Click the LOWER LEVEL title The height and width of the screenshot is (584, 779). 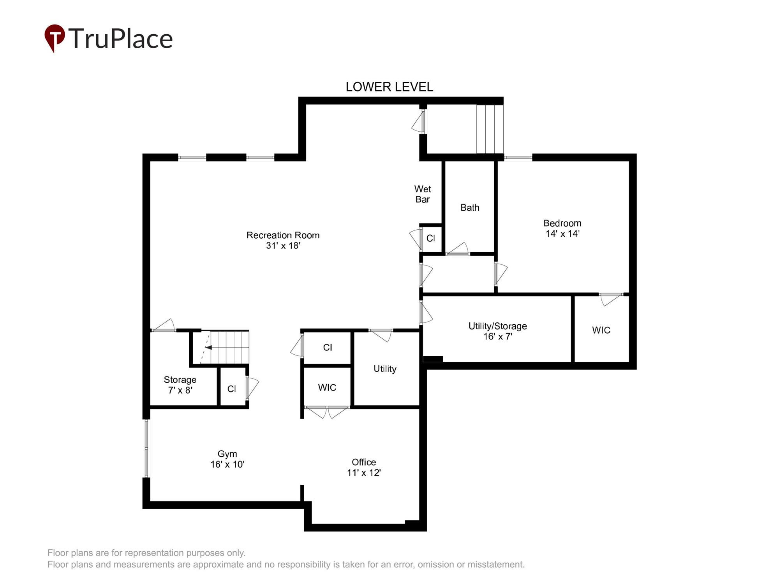click(389, 87)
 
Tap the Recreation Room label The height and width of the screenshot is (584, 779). click(283, 235)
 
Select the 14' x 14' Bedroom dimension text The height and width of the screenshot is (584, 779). click(562, 234)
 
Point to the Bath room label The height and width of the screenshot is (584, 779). click(470, 208)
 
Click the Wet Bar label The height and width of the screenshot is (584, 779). click(422, 194)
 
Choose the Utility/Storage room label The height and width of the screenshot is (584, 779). click(497, 326)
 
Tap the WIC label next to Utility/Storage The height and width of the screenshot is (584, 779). click(601, 330)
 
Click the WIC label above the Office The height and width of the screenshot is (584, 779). click(327, 387)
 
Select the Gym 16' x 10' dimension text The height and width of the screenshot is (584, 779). click(227, 464)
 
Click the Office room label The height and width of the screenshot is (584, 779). click(363, 462)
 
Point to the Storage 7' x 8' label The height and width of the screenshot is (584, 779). click(180, 385)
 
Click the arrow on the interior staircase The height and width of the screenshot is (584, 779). click(208, 347)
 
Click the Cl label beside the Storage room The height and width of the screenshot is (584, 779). click(231, 389)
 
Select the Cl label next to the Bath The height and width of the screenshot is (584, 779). click(430, 238)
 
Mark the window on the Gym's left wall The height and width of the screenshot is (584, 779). click(146, 448)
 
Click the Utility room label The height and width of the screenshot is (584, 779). click(385, 369)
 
